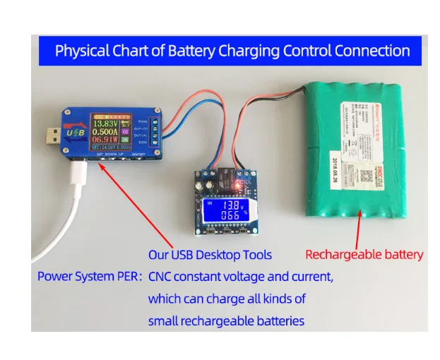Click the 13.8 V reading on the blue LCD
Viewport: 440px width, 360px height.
(225, 204)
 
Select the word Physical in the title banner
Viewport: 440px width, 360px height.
(80, 51)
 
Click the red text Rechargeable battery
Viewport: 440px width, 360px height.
(364, 255)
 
